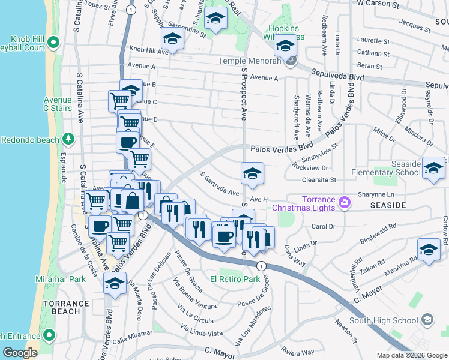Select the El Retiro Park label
(235, 279)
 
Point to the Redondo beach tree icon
(69, 139)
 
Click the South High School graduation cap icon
(427, 320)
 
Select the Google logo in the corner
(20, 353)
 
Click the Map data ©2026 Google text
(412, 355)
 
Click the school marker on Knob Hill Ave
(172, 40)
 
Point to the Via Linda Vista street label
(202, 332)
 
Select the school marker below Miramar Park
(115, 284)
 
